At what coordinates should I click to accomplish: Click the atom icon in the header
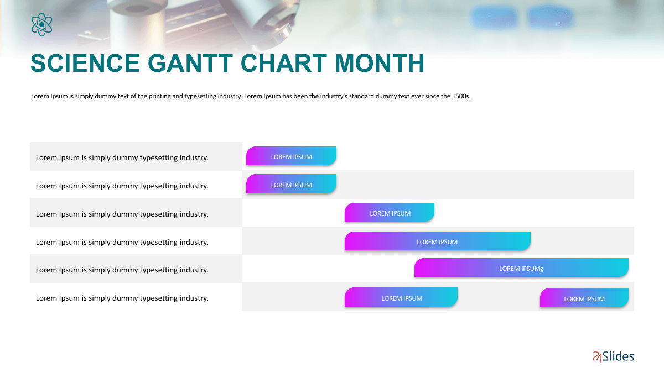coord(42,24)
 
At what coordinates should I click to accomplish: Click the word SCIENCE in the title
coord(85,63)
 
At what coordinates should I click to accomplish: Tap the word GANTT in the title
coord(190,63)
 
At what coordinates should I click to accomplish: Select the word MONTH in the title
coord(380,63)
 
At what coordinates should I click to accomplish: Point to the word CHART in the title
coord(284,63)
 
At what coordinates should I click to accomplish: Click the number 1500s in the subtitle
coord(461,96)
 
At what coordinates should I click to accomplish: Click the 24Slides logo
coord(613,356)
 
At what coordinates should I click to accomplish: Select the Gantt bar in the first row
coord(291,156)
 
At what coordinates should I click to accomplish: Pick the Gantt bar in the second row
coord(291,184)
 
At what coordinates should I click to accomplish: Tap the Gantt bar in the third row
coord(390,212)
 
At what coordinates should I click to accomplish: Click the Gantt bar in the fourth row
coord(438,241)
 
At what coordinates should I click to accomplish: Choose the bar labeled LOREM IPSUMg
coord(521,267)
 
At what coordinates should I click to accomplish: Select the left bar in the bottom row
coord(401,297)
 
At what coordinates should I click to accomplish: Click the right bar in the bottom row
coord(584,298)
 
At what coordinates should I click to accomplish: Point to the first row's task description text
coord(122,158)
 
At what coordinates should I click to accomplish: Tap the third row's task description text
coord(122,214)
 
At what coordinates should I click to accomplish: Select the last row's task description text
coord(122,298)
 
